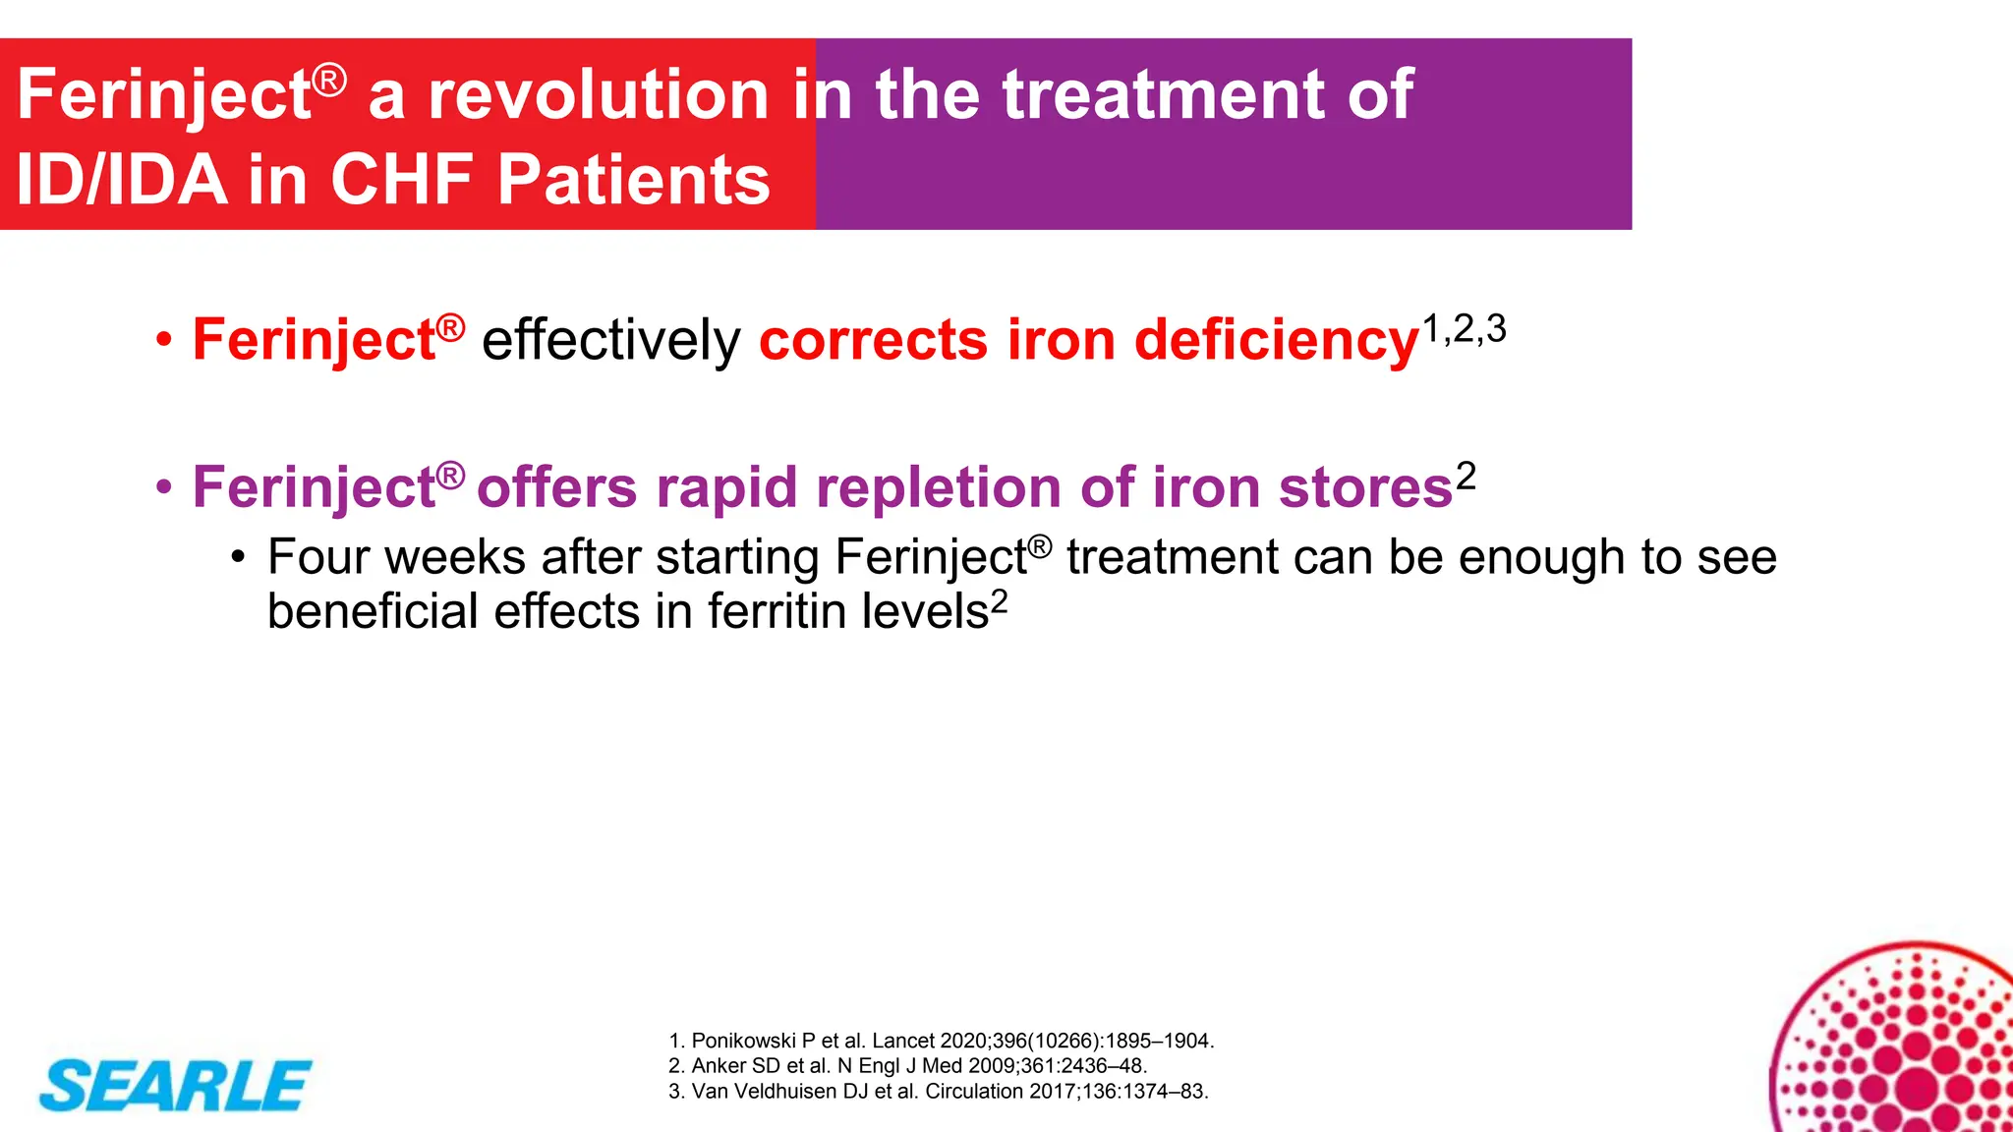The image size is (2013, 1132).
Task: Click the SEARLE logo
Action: click(175, 1086)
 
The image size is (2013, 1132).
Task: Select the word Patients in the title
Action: click(633, 181)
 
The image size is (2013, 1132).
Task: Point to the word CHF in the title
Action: click(403, 181)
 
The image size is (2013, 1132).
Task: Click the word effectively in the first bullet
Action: click(610, 341)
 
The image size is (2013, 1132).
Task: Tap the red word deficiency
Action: click(1277, 341)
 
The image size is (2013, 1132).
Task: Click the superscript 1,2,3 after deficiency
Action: click(1464, 329)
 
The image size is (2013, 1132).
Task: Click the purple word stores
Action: click(1365, 488)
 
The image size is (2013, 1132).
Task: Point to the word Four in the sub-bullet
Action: click(318, 557)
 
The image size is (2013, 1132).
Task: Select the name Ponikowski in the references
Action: click(744, 1041)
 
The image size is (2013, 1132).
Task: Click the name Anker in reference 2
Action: click(719, 1066)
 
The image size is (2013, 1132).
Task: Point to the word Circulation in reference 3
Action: click(974, 1092)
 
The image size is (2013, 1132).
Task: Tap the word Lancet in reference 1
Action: click(902, 1041)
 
